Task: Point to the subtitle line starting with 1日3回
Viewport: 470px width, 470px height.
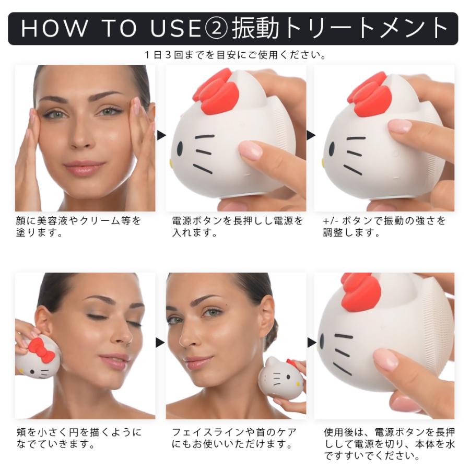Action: (235, 55)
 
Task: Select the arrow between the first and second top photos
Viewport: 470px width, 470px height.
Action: (161, 135)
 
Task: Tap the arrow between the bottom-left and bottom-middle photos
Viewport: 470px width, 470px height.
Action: (161, 343)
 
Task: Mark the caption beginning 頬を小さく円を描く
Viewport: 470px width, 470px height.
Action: (78, 439)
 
